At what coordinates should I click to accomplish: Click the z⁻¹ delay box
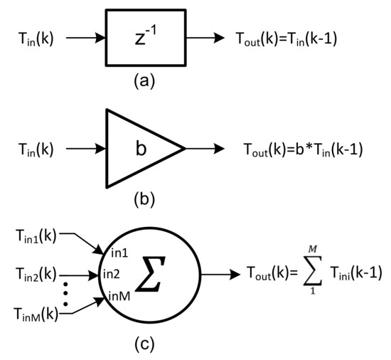pos(139,33)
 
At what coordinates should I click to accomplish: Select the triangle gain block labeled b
pos(138,149)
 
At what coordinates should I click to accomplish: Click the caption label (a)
pos(139,79)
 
